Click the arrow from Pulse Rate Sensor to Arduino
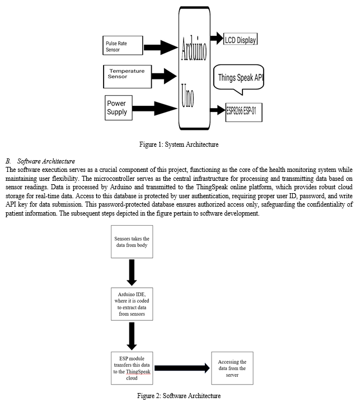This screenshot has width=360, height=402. [161, 48]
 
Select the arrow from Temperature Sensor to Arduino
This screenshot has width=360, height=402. [164, 76]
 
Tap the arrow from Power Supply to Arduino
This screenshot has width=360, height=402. [155, 109]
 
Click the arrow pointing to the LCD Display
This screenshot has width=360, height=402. [217, 38]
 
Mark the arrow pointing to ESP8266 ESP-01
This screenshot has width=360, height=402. [217, 110]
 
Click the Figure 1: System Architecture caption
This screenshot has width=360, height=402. [179, 144]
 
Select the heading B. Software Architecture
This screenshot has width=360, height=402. [40, 161]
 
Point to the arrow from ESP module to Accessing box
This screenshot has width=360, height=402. [182, 368]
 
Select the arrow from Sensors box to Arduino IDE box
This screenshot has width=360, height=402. [132, 273]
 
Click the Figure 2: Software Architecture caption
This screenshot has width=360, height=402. [179, 396]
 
